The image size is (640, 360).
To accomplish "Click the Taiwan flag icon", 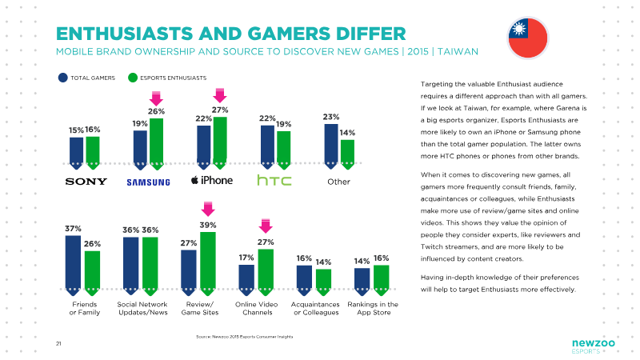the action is (x=528, y=38).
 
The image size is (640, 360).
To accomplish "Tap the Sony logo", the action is (x=86, y=182).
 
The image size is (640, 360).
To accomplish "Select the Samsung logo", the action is (x=148, y=182).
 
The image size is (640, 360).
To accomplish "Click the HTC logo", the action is (x=274, y=180).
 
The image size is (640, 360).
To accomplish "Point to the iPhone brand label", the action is (x=212, y=180).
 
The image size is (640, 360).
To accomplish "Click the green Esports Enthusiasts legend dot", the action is (x=133, y=78).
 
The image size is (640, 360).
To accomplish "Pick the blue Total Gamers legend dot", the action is (x=63, y=78).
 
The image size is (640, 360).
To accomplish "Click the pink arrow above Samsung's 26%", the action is (x=156, y=98).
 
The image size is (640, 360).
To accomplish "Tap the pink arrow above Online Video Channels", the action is (x=266, y=226).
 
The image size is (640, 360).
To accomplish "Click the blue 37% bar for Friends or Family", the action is (x=73, y=266).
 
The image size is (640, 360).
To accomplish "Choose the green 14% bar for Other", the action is (x=347, y=154).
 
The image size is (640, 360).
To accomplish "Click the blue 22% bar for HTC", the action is (x=267, y=147).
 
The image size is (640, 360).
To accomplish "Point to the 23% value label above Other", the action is (x=331, y=117).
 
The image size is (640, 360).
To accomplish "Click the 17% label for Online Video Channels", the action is (x=246, y=258).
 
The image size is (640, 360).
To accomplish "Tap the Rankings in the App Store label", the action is (x=373, y=308).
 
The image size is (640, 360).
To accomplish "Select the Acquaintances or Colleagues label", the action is (x=315, y=308).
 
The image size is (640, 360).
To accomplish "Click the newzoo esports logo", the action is (x=593, y=346).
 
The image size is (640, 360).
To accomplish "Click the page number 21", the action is (x=58, y=344).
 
